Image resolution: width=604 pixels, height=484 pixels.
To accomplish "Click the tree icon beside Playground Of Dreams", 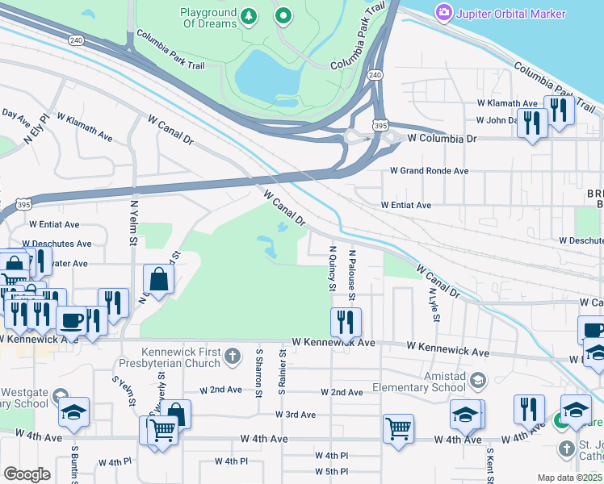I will [250, 16].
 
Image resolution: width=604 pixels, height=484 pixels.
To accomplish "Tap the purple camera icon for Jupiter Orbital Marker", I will [443, 13].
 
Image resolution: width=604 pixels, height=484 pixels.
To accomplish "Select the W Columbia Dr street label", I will [442, 139].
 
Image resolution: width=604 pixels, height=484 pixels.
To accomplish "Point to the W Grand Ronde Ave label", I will [429, 171].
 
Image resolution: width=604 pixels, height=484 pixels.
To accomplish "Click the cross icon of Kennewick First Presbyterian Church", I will [233, 356].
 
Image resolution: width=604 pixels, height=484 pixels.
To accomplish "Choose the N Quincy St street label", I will [332, 269].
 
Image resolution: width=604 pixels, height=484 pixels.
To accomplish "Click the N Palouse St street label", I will [352, 274].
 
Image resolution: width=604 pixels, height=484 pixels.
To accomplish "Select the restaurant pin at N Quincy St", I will [346, 323].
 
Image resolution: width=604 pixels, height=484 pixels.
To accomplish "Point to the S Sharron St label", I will [259, 373].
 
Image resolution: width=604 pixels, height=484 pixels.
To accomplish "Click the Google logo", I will [27, 474].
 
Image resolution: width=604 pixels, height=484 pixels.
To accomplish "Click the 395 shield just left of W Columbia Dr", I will [380, 126].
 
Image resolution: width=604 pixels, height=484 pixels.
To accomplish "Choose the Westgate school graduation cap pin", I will [73, 411].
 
